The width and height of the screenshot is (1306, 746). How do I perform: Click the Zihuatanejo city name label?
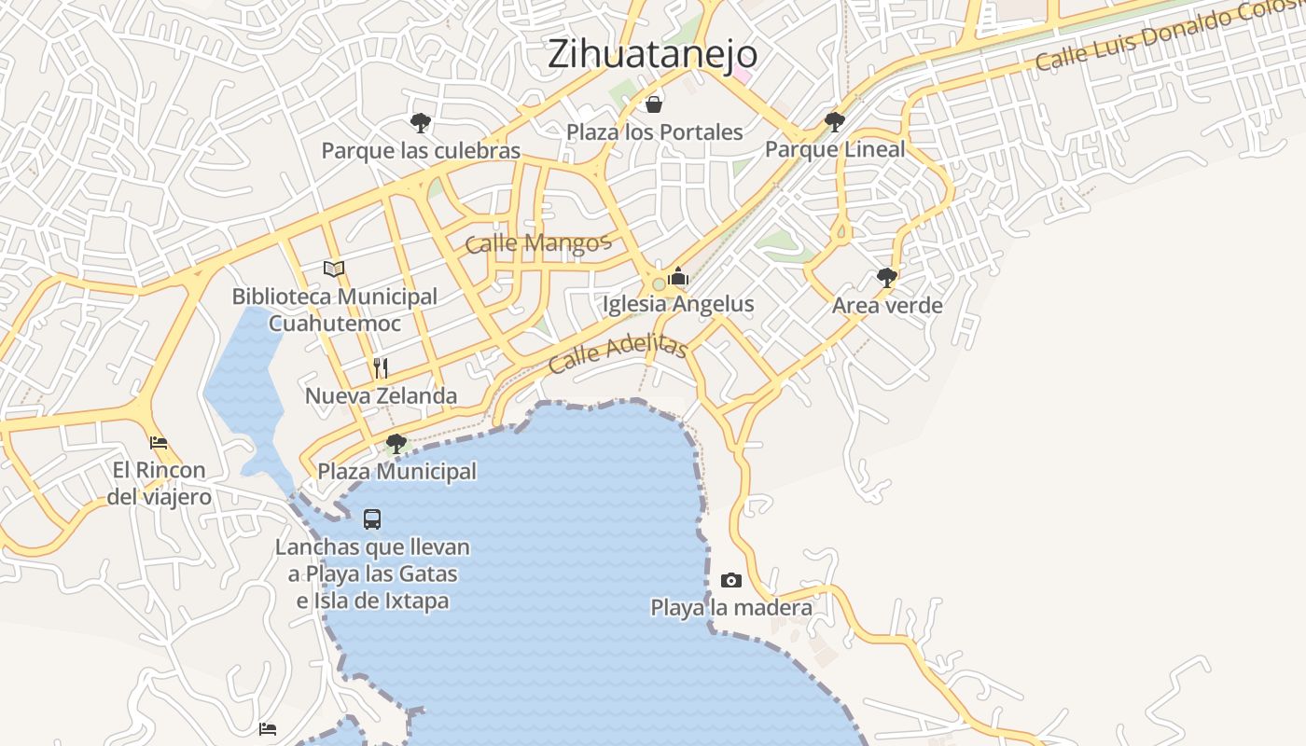click(652, 53)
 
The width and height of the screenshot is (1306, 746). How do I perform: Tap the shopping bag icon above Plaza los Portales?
click(654, 104)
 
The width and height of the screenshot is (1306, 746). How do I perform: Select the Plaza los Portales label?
click(654, 132)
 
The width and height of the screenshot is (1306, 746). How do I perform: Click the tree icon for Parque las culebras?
click(420, 122)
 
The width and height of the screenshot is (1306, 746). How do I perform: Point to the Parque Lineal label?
click(835, 149)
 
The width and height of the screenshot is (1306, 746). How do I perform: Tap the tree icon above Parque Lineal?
click(834, 121)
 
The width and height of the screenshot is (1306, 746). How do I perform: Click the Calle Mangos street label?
click(537, 243)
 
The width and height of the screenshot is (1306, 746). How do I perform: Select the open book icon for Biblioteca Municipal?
click(334, 269)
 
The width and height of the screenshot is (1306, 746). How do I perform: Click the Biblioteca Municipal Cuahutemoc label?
click(334, 310)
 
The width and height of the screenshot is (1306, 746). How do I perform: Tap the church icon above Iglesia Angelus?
click(678, 276)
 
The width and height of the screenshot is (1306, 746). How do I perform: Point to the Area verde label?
click(887, 306)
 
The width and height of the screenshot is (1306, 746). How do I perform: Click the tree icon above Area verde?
click(886, 277)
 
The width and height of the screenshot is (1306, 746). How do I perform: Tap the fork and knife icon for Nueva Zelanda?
click(381, 367)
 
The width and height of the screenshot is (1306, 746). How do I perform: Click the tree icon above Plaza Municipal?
click(396, 443)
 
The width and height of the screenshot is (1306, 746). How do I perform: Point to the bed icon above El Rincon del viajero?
click(159, 442)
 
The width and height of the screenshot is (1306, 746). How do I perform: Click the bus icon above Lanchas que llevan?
click(372, 519)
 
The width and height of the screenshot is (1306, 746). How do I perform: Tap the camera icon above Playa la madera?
click(731, 580)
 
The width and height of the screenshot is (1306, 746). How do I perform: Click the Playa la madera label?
click(730, 608)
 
